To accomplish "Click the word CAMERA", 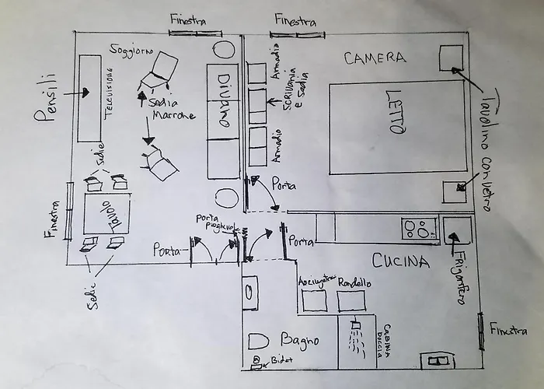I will (x=375, y=58).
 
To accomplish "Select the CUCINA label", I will (x=400, y=261).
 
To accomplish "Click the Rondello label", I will (x=354, y=283).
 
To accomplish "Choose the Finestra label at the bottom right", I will (x=507, y=331).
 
